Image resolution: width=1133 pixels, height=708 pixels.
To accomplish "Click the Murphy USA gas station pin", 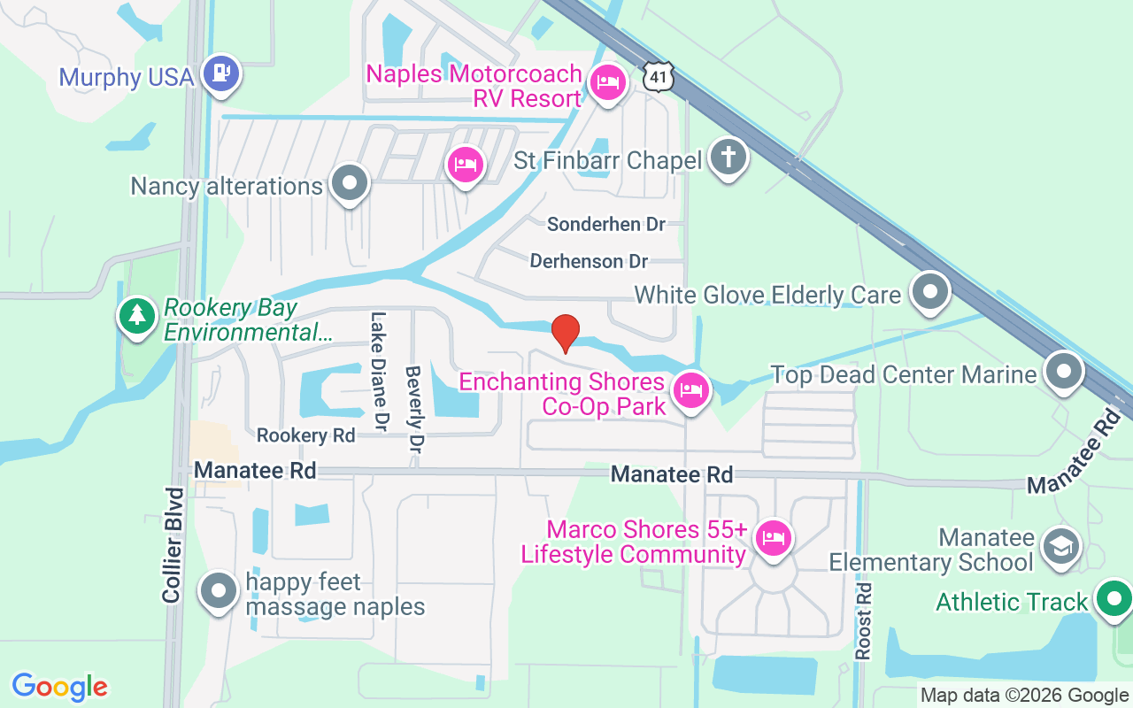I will pyautogui.click(x=220, y=72).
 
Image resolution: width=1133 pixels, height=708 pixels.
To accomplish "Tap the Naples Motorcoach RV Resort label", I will pyautogui.click(x=474, y=86).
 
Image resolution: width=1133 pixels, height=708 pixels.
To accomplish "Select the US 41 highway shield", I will pyautogui.click(x=659, y=76).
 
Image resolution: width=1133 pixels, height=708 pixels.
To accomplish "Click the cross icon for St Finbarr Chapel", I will pyautogui.click(x=728, y=158).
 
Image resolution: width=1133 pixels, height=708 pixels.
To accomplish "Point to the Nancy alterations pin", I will pyautogui.click(x=350, y=183).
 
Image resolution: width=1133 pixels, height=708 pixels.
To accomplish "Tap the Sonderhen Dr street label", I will pyautogui.click(x=605, y=224).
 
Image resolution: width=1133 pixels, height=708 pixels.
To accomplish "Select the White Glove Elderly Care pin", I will pyautogui.click(x=929, y=292).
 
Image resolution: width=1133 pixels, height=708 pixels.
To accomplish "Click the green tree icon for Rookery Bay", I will pyautogui.click(x=136, y=315).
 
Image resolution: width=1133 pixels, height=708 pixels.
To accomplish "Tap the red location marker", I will pyautogui.click(x=565, y=332).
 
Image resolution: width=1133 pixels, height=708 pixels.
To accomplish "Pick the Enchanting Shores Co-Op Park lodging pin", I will pyautogui.click(x=690, y=389).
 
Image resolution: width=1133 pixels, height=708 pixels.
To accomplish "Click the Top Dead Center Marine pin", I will pyautogui.click(x=1063, y=372).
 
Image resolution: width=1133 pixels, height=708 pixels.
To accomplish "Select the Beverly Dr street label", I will pyautogui.click(x=412, y=410).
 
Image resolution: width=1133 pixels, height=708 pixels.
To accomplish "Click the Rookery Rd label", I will pyautogui.click(x=305, y=435).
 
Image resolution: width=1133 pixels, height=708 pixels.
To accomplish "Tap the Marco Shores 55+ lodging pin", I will pyautogui.click(x=773, y=537).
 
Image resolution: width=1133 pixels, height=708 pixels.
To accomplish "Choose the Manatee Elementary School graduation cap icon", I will pyautogui.click(x=1059, y=545).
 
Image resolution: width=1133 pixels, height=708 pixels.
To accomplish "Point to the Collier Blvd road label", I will pyautogui.click(x=173, y=545).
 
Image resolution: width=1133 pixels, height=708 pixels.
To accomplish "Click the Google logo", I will pyautogui.click(x=60, y=687).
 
